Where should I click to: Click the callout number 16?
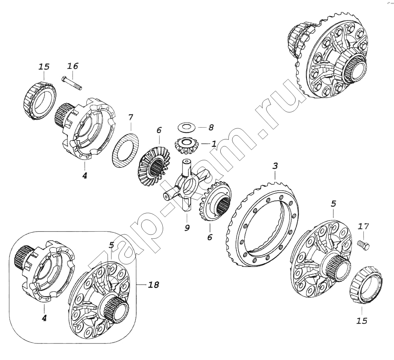[72, 66]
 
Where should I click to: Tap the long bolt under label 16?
[72, 83]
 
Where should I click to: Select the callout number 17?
[363, 226]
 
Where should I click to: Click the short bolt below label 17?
[363, 244]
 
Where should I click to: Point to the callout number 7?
[130, 118]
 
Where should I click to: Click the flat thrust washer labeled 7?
[125, 150]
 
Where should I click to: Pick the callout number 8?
[211, 127]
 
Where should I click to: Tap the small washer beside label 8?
[186, 127]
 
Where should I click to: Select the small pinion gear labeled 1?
[186, 147]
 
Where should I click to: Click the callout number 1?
[214, 144]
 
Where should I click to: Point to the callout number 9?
[187, 228]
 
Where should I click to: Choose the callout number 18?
[153, 285]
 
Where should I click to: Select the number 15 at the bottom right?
[361, 321]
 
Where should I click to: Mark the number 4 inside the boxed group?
[44, 318]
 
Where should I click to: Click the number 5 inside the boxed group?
[112, 245]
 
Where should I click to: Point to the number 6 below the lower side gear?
[210, 237]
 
